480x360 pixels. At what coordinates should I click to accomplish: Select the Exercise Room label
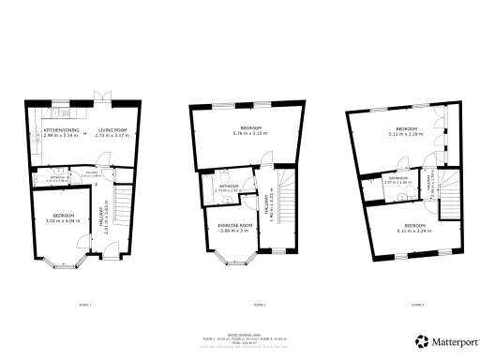(x=230, y=226)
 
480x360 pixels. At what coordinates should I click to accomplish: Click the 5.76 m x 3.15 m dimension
(x=248, y=133)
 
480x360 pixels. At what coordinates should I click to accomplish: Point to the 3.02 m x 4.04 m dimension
(x=58, y=220)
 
